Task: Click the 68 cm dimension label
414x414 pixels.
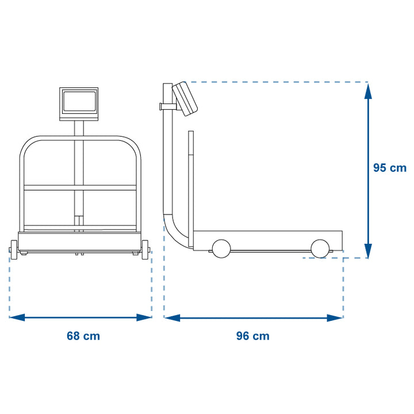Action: (x=83, y=336)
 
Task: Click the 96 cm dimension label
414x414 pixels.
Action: (x=252, y=336)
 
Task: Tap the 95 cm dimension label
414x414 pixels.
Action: (x=390, y=168)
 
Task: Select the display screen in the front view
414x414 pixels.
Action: (x=79, y=101)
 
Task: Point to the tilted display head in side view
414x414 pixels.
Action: (x=185, y=99)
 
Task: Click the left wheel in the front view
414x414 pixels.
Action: (x=13, y=250)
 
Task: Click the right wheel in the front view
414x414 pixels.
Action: (x=145, y=250)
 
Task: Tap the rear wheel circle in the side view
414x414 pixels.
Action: (x=221, y=248)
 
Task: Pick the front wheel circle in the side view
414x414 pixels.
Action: (x=320, y=248)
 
